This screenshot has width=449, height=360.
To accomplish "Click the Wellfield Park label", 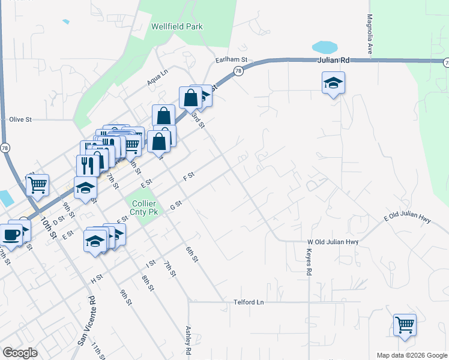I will click(x=176, y=26).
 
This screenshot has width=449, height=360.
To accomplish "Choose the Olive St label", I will click(x=20, y=119).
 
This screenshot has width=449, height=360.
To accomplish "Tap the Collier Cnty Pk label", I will click(x=145, y=208).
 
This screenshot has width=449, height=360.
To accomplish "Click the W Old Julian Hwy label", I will click(x=333, y=242).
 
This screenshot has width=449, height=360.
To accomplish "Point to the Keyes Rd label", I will click(x=309, y=262).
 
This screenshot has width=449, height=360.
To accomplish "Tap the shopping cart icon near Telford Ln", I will click(x=405, y=325).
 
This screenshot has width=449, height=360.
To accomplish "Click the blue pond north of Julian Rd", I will click(x=324, y=47).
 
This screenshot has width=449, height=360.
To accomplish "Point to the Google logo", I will click(x=20, y=353).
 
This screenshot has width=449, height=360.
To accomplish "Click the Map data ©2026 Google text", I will click(x=412, y=355).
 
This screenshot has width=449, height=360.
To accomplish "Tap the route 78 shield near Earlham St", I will click(x=238, y=71).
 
